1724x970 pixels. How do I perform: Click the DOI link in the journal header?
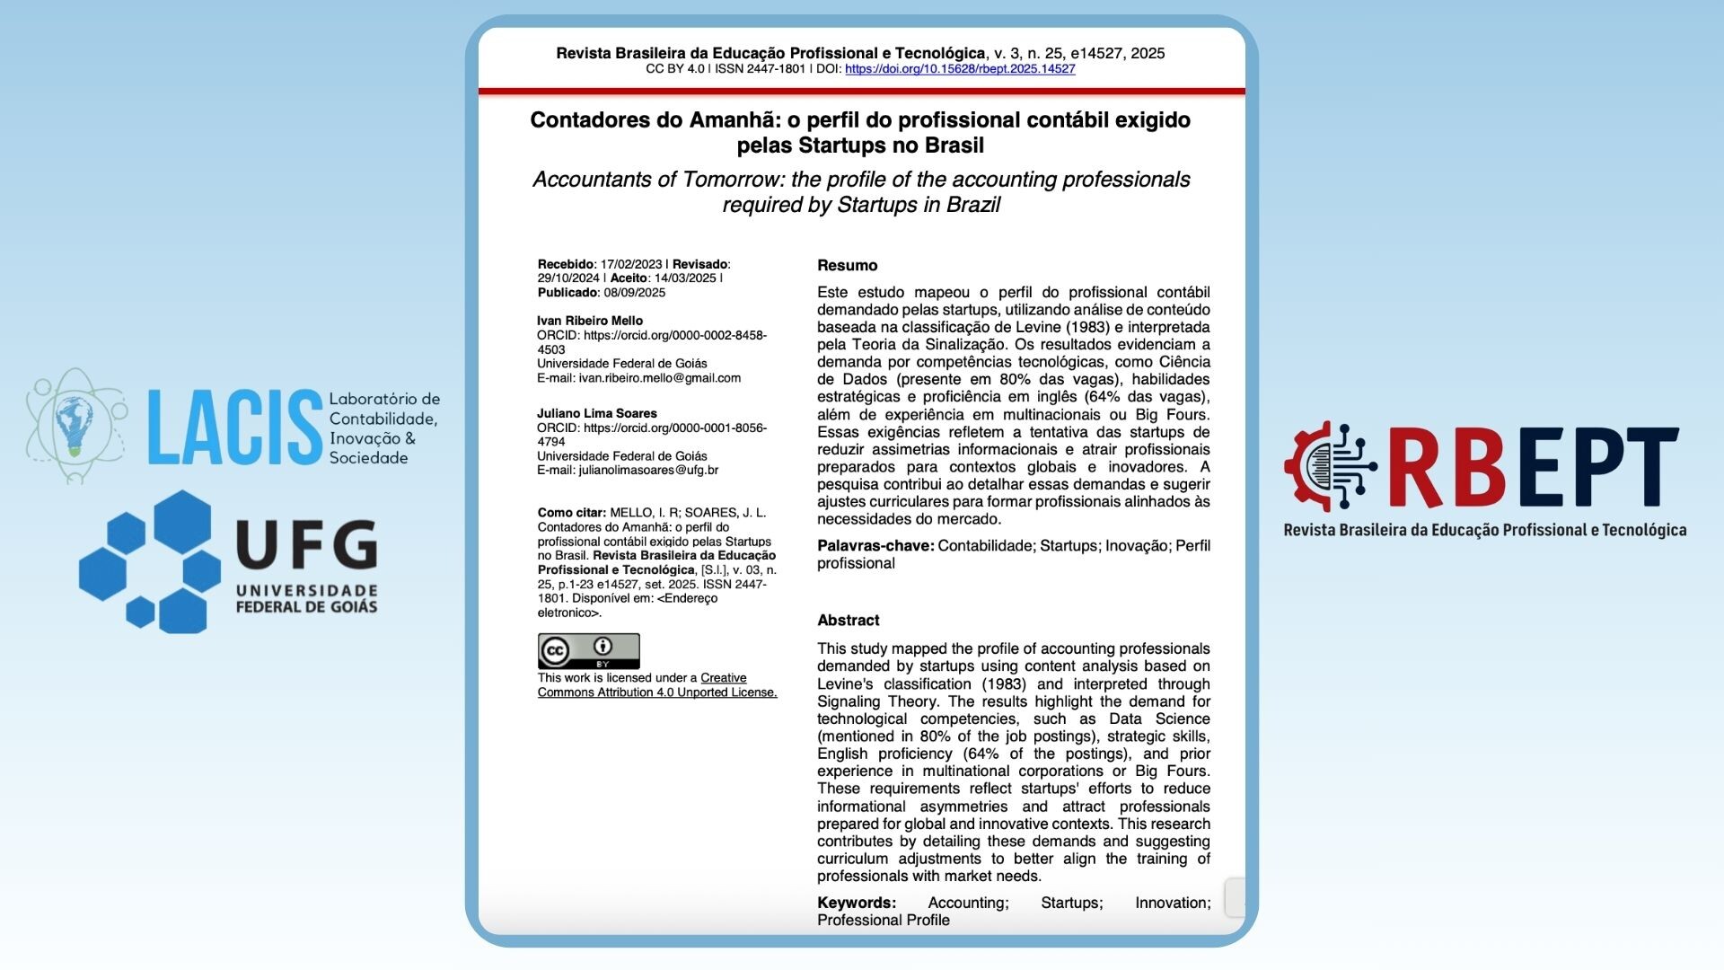tap(960, 69)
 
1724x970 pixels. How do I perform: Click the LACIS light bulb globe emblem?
tap(75, 425)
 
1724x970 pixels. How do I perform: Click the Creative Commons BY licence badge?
tap(588, 650)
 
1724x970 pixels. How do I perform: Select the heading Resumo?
tap(847, 265)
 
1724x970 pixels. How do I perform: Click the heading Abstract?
tap(848, 620)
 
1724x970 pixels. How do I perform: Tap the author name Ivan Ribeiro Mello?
tap(590, 321)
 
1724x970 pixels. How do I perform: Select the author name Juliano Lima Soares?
tap(597, 413)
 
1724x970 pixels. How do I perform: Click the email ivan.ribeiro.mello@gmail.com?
tap(659, 378)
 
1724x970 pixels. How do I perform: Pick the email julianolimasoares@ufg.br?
tap(648, 470)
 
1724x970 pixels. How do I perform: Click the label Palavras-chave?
tap(875, 546)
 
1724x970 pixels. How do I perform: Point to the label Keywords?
tap(856, 903)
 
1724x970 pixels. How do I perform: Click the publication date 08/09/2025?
tap(635, 293)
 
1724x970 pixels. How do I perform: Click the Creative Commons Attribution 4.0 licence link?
tap(657, 685)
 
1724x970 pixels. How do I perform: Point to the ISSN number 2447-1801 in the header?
tap(776, 69)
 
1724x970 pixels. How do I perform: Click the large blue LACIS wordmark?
tap(234, 428)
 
